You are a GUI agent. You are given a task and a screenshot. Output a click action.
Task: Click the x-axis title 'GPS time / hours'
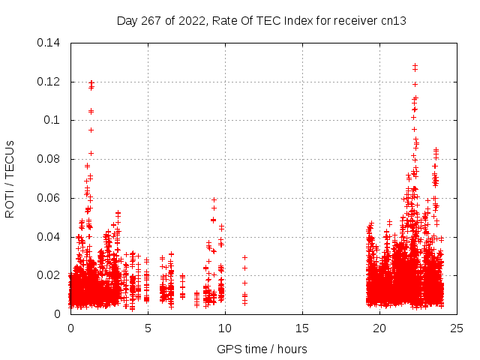point(262,349)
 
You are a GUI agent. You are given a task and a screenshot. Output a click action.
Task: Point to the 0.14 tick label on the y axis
point(49,43)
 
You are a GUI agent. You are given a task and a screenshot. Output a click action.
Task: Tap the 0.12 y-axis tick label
point(49,81)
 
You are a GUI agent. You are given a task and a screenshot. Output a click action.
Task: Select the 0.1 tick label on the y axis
point(52,120)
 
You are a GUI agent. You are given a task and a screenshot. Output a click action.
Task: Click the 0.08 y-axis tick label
point(49,159)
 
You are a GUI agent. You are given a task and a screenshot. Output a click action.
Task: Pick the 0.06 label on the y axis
point(49,198)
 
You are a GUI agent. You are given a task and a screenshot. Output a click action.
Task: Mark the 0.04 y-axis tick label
point(49,237)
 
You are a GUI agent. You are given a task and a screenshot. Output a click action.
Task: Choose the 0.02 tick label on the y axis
point(49,275)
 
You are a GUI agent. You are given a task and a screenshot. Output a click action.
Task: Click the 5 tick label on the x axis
point(148,328)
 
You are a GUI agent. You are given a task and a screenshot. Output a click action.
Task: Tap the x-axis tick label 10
point(225,328)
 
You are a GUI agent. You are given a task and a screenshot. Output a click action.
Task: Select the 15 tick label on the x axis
point(302,328)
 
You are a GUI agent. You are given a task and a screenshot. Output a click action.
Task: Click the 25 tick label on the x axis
point(457,328)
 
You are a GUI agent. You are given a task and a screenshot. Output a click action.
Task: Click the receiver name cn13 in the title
point(394,21)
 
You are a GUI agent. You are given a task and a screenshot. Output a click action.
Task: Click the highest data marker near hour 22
point(415,65)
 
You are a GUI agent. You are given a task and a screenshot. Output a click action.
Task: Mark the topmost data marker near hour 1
point(91,82)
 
